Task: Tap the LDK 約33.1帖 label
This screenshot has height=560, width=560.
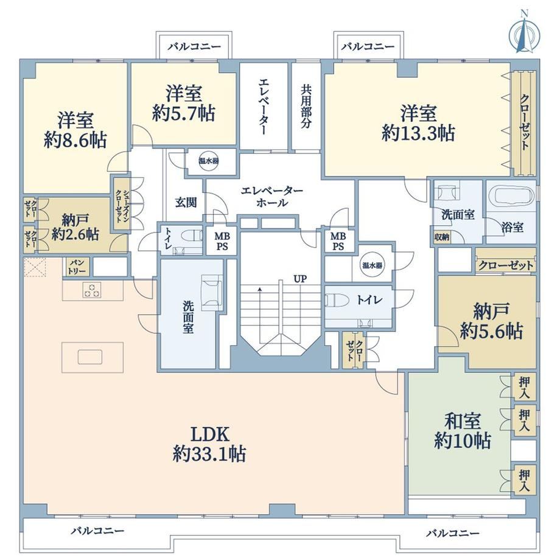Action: (x=209, y=444)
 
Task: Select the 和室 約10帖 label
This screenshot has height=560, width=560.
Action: (x=463, y=431)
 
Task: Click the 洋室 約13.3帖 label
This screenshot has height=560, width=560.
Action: (x=418, y=123)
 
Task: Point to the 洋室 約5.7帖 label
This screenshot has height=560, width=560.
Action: (x=184, y=103)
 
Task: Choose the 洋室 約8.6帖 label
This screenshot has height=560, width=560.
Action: (x=75, y=130)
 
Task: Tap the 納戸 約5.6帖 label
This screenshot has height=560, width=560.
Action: (x=491, y=321)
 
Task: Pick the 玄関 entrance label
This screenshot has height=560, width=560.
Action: (x=186, y=203)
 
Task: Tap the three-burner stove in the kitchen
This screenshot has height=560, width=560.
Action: (x=92, y=290)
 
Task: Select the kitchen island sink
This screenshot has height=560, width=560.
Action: (x=90, y=357)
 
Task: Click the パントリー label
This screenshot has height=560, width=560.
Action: (x=77, y=267)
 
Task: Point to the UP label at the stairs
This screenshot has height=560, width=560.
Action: (x=300, y=279)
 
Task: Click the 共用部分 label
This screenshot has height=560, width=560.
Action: (x=306, y=106)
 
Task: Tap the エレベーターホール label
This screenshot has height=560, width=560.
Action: (x=272, y=197)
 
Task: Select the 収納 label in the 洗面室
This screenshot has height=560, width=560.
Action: (x=442, y=237)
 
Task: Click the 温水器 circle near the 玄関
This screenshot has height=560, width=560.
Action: (x=209, y=161)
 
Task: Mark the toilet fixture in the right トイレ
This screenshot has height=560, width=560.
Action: (x=337, y=300)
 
